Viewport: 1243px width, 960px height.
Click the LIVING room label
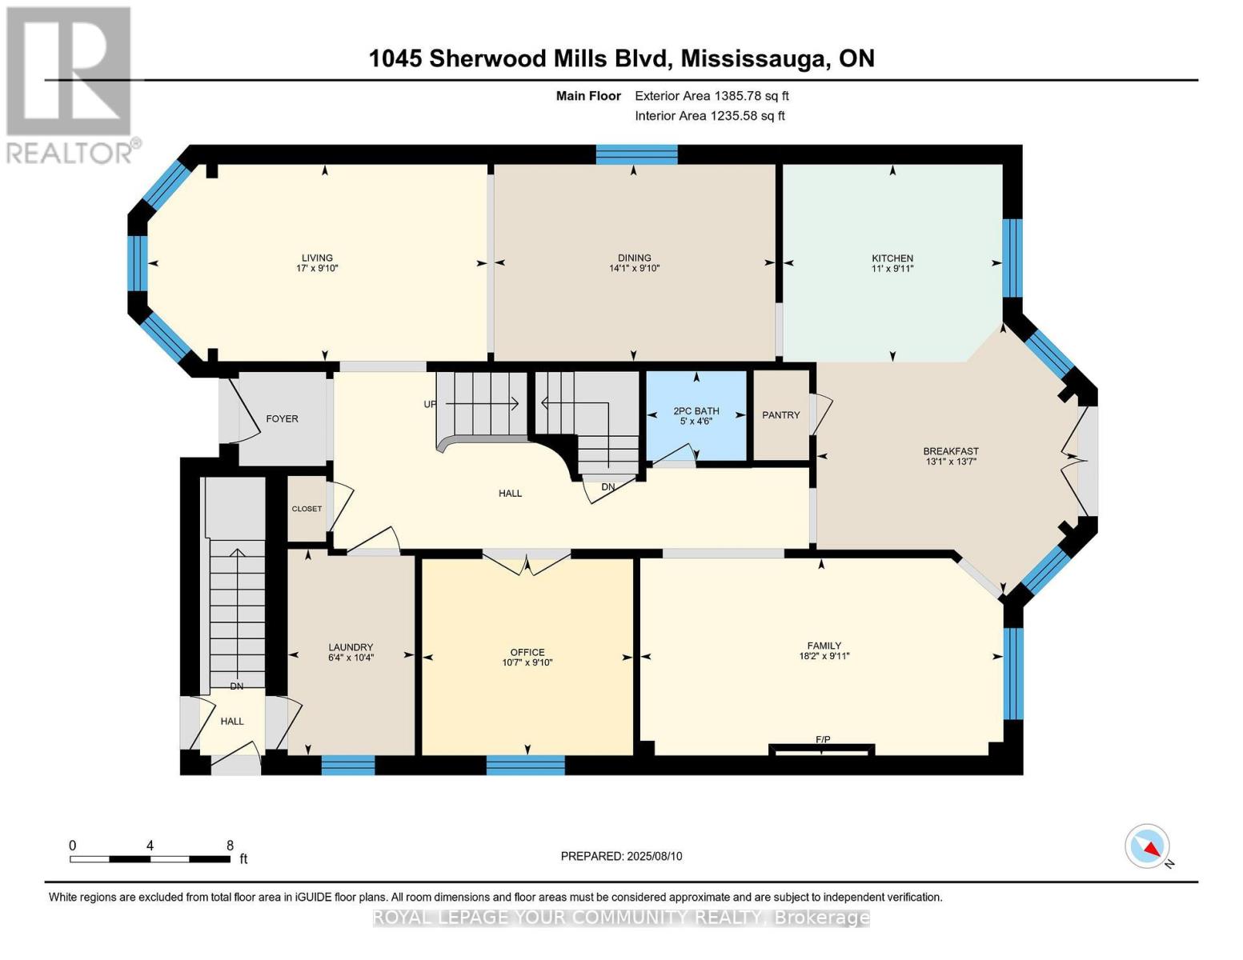click(317, 258)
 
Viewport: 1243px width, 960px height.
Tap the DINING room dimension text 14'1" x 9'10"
click(634, 269)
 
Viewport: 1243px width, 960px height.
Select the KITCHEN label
click(892, 258)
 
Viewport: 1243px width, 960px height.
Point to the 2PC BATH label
click(696, 411)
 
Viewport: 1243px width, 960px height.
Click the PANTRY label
click(780, 414)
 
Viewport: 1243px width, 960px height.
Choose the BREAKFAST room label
click(950, 451)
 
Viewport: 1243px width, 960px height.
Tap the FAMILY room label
click(824, 646)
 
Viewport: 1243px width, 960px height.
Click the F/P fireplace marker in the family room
click(822, 739)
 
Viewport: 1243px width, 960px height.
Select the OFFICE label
click(527, 652)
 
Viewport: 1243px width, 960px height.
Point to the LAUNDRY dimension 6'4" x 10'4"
click(351, 658)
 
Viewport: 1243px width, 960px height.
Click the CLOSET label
click(307, 509)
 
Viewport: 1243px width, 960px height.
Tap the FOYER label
click(282, 418)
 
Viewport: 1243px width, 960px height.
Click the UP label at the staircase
click(431, 404)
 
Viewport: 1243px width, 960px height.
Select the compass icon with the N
click(1148, 846)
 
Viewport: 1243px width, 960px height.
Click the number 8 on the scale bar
click(230, 846)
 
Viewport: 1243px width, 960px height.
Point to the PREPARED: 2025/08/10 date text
click(621, 856)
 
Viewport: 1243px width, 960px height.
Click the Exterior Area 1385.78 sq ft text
click(712, 96)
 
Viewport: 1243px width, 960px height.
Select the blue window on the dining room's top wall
click(636, 154)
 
